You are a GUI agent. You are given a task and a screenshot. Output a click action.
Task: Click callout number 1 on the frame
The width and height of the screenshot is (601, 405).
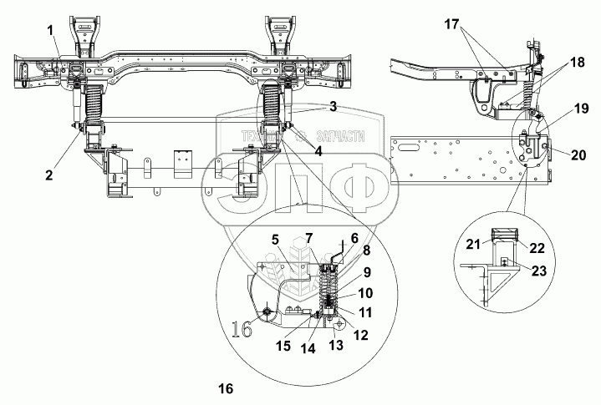pyautogui.click(x=52, y=31)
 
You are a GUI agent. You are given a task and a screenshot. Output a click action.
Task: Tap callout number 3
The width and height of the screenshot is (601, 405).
pyautogui.click(x=332, y=107)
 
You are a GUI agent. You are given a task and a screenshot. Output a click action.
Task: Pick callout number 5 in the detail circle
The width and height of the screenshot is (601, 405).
pyautogui.click(x=274, y=239)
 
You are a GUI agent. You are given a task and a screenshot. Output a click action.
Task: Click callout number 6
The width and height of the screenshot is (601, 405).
pyautogui.click(x=331, y=237)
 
